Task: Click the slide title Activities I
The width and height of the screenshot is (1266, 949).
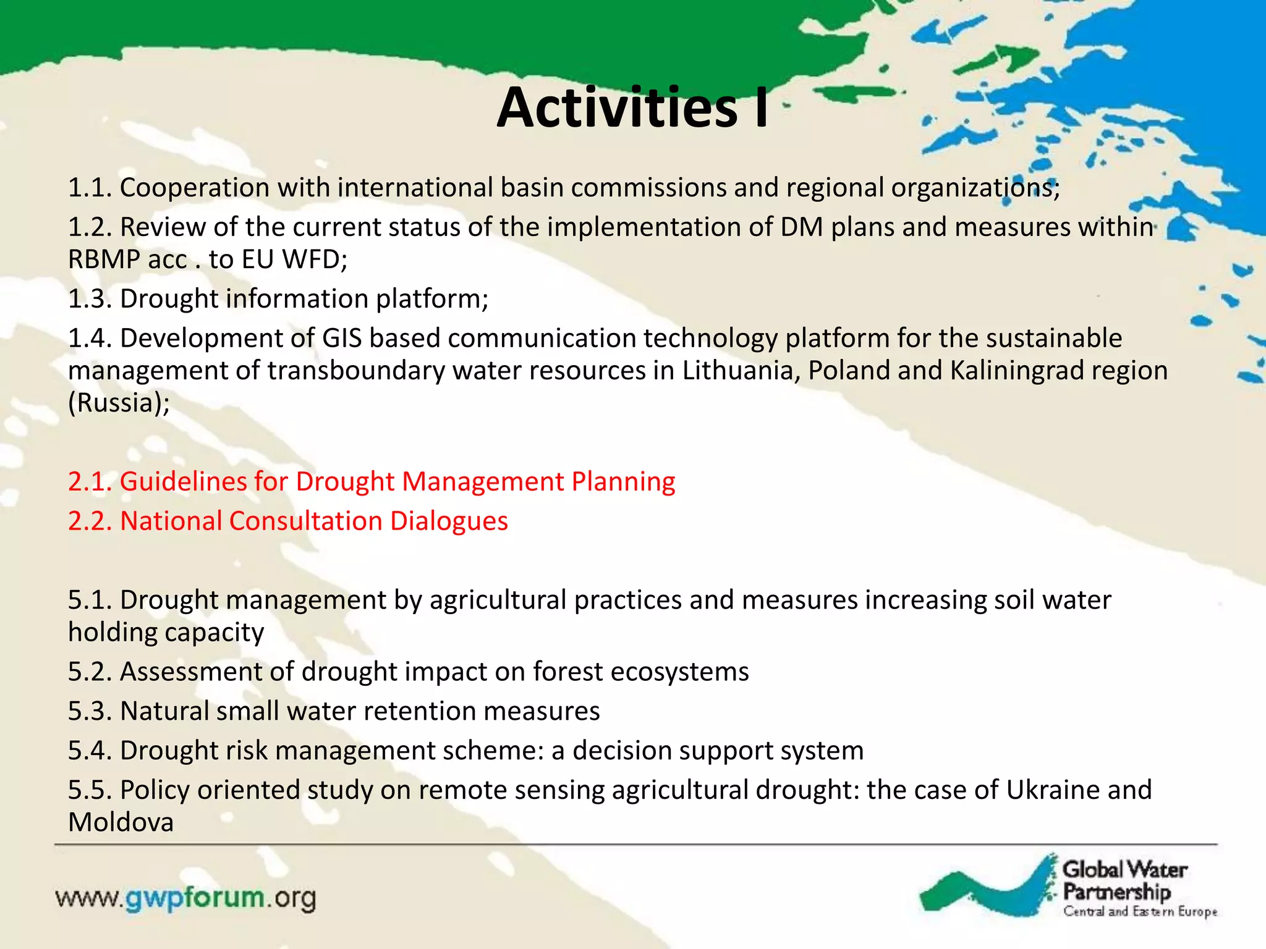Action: [x=632, y=108]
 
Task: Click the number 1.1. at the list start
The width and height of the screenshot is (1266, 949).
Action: [x=90, y=188]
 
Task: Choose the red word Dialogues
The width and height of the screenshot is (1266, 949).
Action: [x=449, y=521]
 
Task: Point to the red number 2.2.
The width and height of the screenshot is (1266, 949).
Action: [x=90, y=521]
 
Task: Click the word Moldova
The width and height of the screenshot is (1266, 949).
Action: [x=121, y=823]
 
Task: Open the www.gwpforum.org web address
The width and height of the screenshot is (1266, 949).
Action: [x=185, y=898]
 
